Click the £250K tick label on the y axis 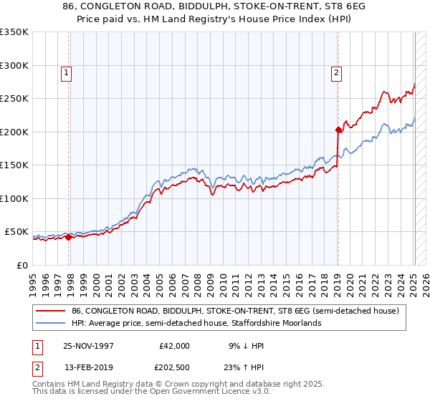14,99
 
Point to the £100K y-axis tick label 14,198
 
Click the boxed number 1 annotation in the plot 66,72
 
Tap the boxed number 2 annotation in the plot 335,72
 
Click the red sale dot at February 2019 338,130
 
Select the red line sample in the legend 50,310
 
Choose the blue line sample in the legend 50,323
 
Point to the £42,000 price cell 173,345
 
